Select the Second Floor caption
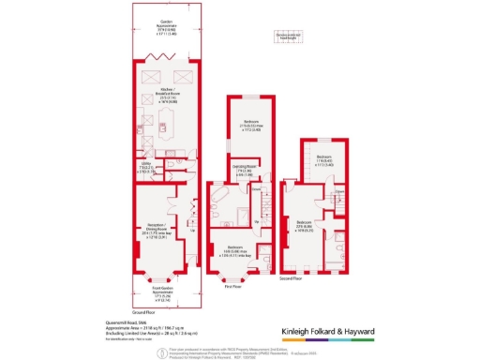292,277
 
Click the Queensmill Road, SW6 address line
124,321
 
